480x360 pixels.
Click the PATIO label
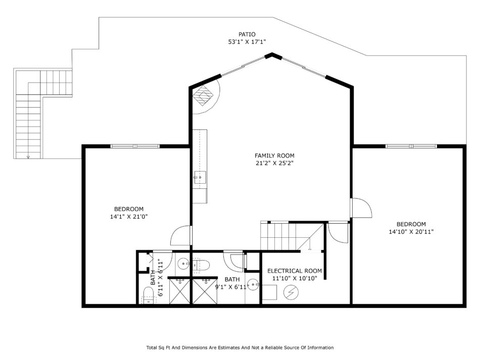[x=247, y=34]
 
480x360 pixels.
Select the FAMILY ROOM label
[x=274, y=156]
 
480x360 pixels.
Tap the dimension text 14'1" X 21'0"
[x=129, y=217]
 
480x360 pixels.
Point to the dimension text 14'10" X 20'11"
[x=411, y=232]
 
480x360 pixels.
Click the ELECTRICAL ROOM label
[x=295, y=271]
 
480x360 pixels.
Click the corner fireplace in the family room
[x=203, y=95]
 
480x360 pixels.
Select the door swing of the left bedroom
[x=180, y=235]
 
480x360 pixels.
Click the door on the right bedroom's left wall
[x=361, y=208]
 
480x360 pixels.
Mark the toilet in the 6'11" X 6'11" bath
[x=149, y=296]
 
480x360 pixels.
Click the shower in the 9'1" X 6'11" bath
[x=205, y=291]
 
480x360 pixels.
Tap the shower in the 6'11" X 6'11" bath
[x=180, y=291]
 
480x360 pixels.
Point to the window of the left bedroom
[x=135, y=146]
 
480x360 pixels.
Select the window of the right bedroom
[x=411, y=146]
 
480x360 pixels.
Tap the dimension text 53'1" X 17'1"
[x=247, y=42]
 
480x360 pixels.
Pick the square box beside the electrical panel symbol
[x=270, y=292]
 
